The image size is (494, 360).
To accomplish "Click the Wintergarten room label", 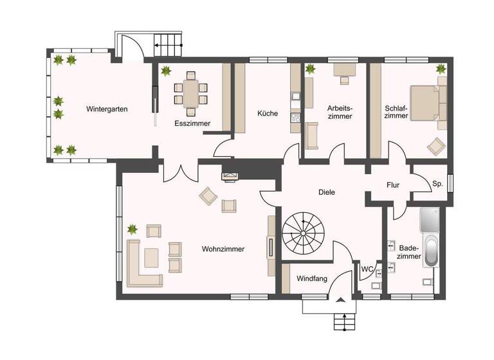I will [107, 109].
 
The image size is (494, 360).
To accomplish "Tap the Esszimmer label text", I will [188, 122].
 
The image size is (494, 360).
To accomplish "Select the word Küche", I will [268, 113].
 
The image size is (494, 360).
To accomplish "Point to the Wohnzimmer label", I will [223, 249].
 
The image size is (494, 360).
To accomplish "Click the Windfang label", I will [312, 279].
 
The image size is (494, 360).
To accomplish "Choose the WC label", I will [367, 269].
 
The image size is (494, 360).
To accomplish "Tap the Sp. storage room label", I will [437, 184].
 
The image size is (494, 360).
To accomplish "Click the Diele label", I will [327, 192].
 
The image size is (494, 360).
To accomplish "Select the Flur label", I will [393, 185].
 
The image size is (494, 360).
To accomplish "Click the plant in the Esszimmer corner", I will [167, 71].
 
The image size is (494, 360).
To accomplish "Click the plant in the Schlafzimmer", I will [441, 68].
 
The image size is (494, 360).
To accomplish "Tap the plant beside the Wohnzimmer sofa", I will [133, 228].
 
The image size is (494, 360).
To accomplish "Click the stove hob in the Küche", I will [296, 117].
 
